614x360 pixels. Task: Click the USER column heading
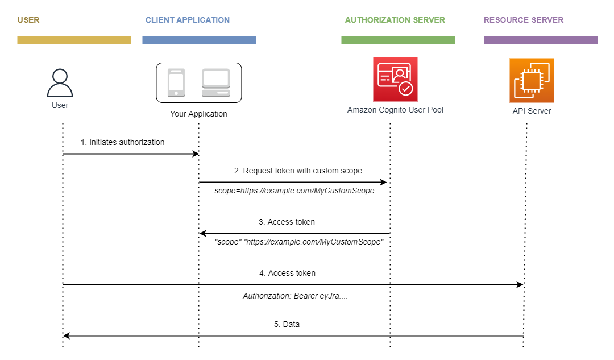click(x=28, y=20)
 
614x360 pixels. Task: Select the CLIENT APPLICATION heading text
click(x=187, y=20)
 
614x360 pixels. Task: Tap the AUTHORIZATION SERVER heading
click(x=395, y=20)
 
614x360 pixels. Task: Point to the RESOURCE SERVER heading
click(x=523, y=20)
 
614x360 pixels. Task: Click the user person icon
click(x=60, y=83)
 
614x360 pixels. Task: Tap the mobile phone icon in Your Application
click(x=176, y=82)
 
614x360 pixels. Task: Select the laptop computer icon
click(x=216, y=83)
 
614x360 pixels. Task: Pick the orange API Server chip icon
click(x=532, y=80)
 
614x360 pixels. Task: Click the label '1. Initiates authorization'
click(x=122, y=142)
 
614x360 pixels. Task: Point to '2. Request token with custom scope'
click(x=298, y=171)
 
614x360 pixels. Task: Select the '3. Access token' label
click(x=287, y=222)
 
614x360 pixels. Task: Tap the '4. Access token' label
click(x=287, y=273)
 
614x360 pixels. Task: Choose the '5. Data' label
click(x=287, y=324)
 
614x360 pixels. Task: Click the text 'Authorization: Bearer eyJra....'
click(x=295, y=296)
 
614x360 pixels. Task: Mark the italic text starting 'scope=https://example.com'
click(x=294, y=191)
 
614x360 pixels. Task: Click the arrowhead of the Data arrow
click(x=66, y=336)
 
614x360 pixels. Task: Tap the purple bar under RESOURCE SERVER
click(x=540, y=40)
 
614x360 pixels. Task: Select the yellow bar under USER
click(x=74, y=40)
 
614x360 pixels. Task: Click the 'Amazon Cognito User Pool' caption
click(x=395, y=110)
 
